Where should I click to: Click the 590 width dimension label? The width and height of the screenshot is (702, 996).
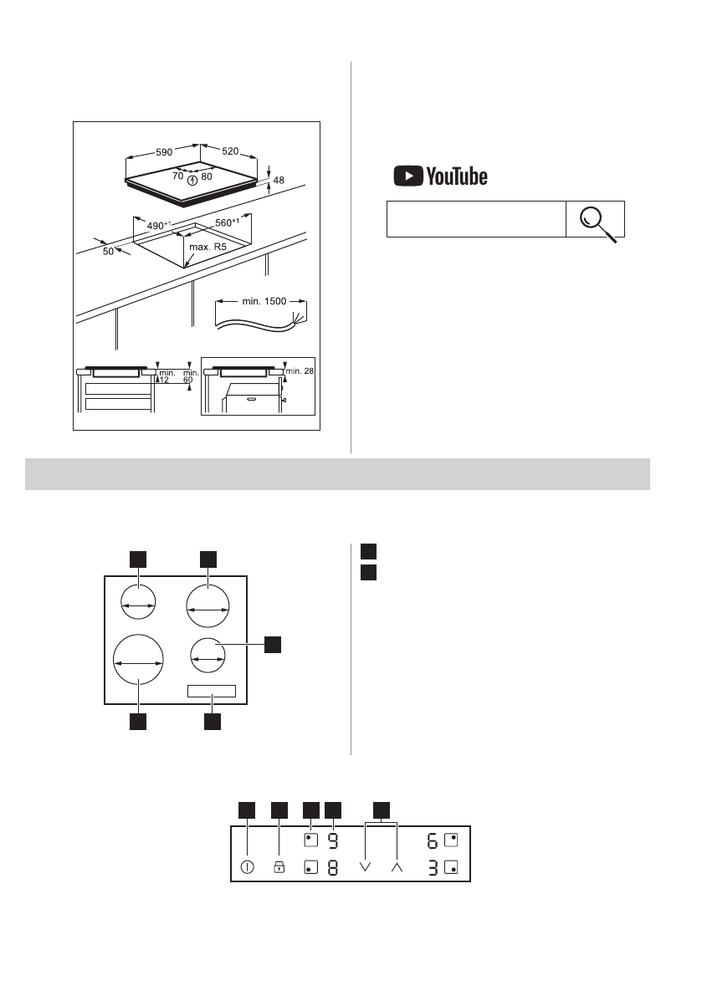(164, 152)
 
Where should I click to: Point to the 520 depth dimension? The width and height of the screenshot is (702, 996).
(231, 151)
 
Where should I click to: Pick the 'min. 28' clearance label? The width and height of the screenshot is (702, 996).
(299, 370)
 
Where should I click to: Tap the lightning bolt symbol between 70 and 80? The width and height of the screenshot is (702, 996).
(193, 178)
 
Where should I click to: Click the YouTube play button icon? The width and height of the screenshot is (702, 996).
(408, 176)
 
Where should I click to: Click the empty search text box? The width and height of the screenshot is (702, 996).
(475, 219)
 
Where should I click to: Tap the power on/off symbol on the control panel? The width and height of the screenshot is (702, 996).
(247, 867)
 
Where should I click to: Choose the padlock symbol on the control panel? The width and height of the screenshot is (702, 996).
(279, 867)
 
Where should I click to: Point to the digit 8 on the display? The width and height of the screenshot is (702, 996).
(332, 867)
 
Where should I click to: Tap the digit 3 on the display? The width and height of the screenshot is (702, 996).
(433, 867)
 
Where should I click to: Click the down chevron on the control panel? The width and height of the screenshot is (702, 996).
(365, 867)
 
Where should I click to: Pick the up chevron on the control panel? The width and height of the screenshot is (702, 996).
(397, 867)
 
